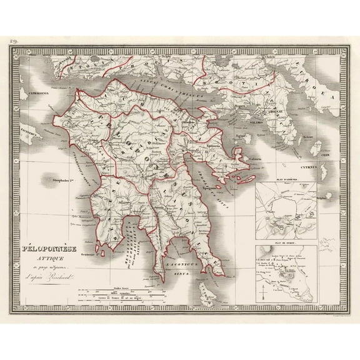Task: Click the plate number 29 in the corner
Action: (x=14, y=42)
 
